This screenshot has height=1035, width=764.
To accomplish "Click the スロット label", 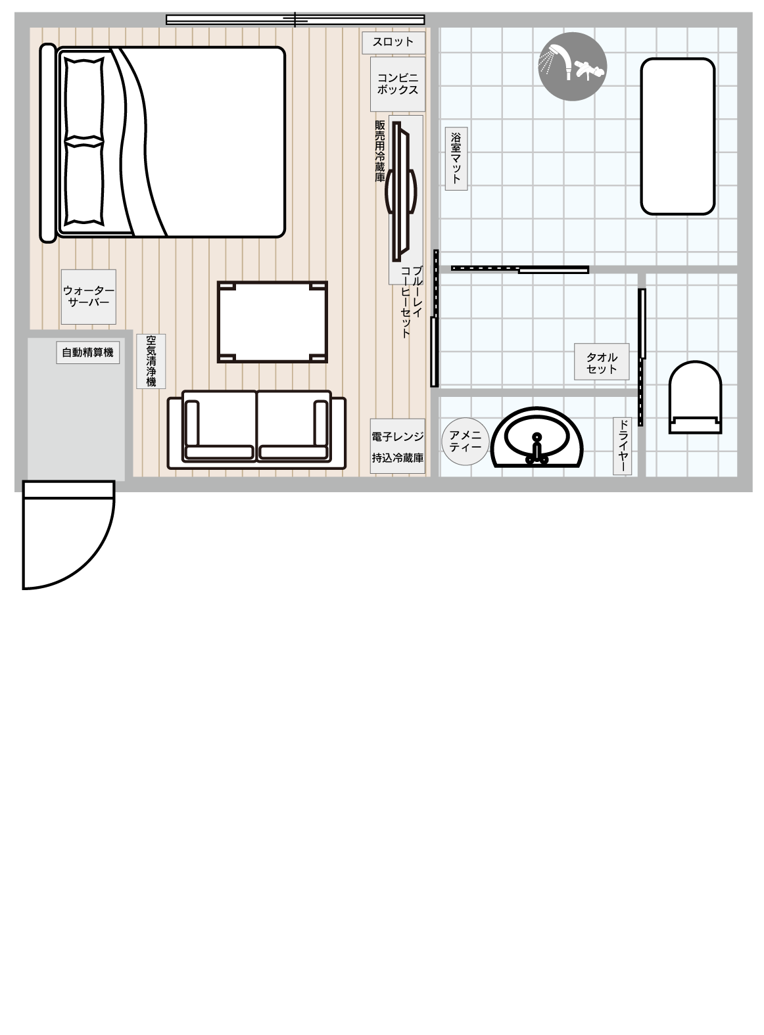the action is click(x=393, y=43).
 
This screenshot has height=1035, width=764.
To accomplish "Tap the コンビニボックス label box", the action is click(x=397, y=84).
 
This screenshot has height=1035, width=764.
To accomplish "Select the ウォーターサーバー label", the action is click(x=88, y=297).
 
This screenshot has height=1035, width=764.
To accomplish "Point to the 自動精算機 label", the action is click(x=88, y=353).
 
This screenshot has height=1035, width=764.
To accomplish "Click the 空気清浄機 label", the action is click(x=151, y=361).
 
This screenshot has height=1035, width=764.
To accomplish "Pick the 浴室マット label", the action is click(x=456, y=158).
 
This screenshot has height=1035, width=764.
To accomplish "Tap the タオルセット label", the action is click(x=602, y=362).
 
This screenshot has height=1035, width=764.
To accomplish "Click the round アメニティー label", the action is click(x=465, y=442).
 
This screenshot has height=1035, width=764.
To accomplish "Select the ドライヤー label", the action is click(x=622, y=447).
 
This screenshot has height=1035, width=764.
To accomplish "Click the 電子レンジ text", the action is click(x=397, y=437).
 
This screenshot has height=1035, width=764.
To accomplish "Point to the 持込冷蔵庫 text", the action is click(x=397, y=458).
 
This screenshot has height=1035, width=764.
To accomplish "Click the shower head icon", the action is click(x=573, y=67).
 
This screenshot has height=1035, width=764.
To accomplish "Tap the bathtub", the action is click(x=678, y=136).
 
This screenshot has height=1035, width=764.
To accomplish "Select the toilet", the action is click(x=696, y=397).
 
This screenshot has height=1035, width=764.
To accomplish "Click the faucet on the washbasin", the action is click(x=537, y=449).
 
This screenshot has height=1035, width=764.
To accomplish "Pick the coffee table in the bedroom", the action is click(x=272, y=322).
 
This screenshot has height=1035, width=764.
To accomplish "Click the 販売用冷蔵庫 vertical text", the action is click(x=379, y=151).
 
